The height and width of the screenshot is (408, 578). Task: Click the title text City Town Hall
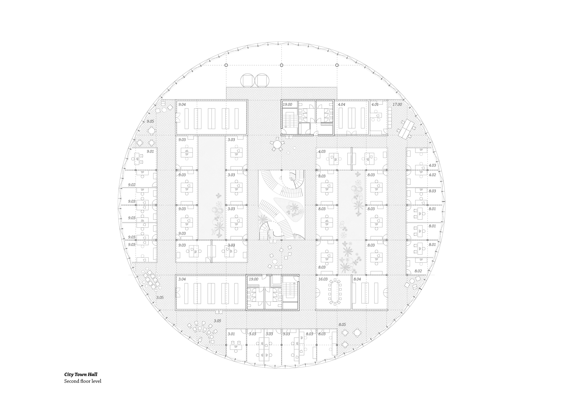[x=81, y=375]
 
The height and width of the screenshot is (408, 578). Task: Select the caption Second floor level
[x=83, y=381]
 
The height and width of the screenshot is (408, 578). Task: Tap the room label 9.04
[x=182, y=104]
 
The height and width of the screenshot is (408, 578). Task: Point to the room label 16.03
[x=323, y=279]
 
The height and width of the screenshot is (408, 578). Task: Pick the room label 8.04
[x=357, y=279]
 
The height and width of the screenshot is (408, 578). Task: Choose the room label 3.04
[x=182, y=279]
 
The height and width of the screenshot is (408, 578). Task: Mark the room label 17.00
[x=397, y=104]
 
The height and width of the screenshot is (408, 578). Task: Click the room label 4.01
[x=375, y=104]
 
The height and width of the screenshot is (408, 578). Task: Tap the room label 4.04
[x=342, y=104]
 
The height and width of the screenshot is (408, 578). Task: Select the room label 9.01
[x=150, y=151]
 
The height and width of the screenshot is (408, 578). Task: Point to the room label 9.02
[x=132, y=185]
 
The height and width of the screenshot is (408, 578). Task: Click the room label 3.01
[x=231, y=334]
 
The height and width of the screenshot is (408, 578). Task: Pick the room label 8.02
[x=418, y=271]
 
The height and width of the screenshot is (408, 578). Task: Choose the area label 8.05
[x=342, y=325]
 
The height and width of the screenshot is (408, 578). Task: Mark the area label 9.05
[x=150, y=121]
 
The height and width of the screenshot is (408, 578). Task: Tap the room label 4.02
[x=432, y=175]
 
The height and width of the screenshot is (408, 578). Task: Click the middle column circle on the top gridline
[x=282, y=65]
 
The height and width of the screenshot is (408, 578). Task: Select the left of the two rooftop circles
[x=247, y=81]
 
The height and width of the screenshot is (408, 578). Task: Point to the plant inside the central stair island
[x=294, y=210]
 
